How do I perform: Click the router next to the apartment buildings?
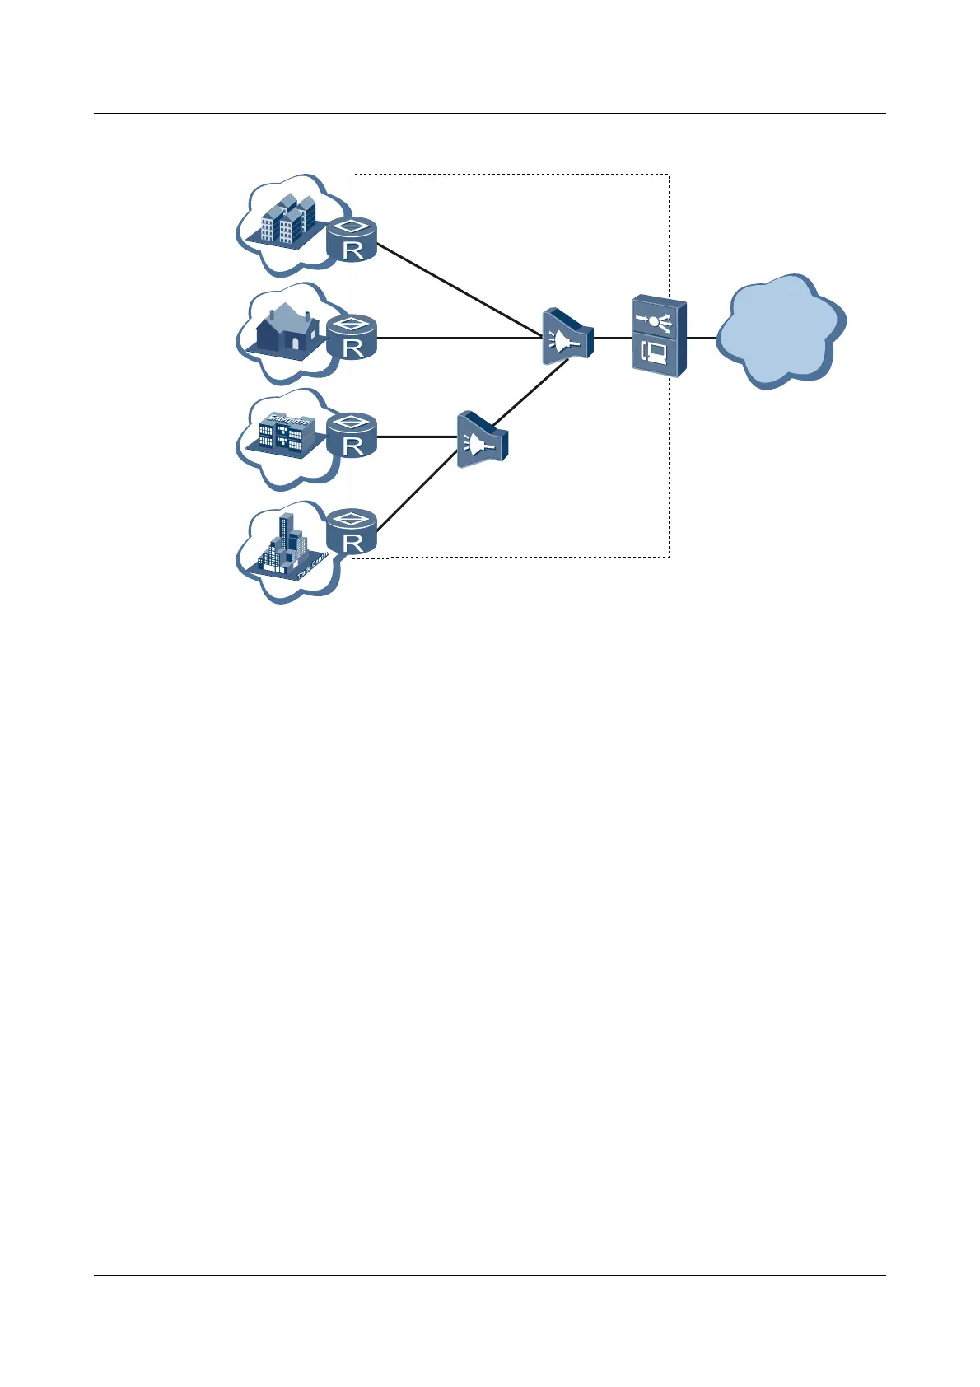pos(352,240)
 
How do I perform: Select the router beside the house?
pos(352,338)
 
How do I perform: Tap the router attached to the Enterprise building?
pos(352,436)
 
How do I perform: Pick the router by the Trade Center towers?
pos(352,532)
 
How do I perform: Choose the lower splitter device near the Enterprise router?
pos(482,440)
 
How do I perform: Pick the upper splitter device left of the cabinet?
pos(567,336)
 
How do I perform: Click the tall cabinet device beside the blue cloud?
pos(659,336)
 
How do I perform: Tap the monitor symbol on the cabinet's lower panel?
pos(654,353)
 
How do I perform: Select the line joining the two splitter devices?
pos(530,394)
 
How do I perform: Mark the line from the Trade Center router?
pos(416,491)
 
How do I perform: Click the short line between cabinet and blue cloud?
pos(702,338)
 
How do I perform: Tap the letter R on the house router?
pos(352,349)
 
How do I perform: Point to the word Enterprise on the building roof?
pos(288,420)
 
